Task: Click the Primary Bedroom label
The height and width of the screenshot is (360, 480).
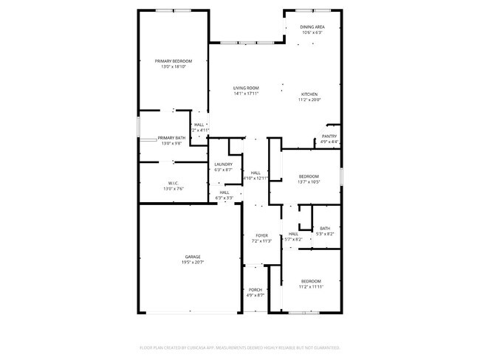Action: (x=173, y=60)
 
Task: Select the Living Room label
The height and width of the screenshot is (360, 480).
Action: (x=246, y=88)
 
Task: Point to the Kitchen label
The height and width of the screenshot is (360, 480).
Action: (x=309, y=94)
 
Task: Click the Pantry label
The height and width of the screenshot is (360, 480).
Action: (x=329, y=136)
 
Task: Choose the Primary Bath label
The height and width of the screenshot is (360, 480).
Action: (x=171, y=138)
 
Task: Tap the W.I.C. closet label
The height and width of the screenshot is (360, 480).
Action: (x=173, y=183)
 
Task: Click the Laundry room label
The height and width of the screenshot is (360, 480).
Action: (x=223, y=165)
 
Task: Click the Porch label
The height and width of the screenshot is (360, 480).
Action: (x=256, y=289)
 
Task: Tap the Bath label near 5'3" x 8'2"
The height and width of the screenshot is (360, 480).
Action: (x=325, y=228)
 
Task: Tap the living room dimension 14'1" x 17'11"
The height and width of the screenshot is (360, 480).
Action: (x=246, y=93)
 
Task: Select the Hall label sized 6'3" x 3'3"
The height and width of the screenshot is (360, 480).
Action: (x=224, y=193)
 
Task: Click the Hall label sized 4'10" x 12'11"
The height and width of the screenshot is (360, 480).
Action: (x=256, y=173)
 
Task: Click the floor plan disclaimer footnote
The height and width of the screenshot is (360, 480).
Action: (x=239, y=347)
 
